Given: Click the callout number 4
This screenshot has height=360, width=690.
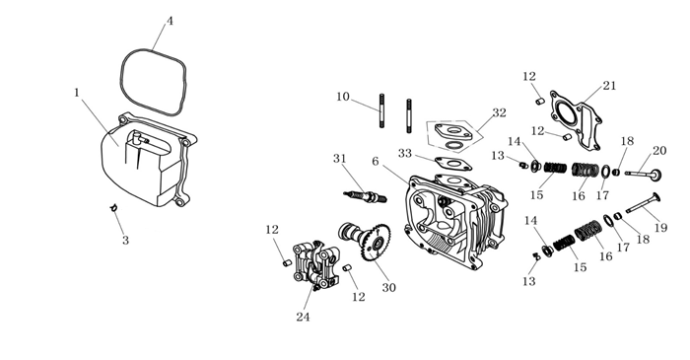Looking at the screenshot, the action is (x=170, y=21).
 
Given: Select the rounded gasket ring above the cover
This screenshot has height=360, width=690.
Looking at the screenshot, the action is (x=122, y=84).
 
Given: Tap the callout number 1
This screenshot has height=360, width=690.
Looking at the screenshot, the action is (x=78, y=93).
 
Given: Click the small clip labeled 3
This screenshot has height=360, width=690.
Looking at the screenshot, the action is (x=113, y=207).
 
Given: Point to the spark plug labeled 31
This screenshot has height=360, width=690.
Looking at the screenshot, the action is (x=365, y=196).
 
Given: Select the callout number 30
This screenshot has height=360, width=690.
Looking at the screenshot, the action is (x=388, y=288).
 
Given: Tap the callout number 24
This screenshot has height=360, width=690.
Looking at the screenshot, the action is (x=303, y=317).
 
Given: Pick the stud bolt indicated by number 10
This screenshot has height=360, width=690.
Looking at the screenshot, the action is (x=382, y=110).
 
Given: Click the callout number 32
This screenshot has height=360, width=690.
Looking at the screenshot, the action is (x=499, y=113).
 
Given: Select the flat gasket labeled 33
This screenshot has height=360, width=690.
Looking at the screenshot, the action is (x=453, y=164).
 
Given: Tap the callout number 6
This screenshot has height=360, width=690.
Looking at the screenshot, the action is (x=375, y=162).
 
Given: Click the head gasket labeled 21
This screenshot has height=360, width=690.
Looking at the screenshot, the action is (x=576, y=119).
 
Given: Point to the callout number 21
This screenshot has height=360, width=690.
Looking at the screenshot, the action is (x=609, y=86).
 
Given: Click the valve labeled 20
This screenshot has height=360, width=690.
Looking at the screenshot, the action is (x=644, y=174).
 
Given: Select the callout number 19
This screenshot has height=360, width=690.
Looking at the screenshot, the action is (x=661, y=228).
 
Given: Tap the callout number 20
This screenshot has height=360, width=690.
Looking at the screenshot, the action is (x=659, y=151).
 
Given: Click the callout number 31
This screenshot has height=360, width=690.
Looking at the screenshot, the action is (x=340, y=159).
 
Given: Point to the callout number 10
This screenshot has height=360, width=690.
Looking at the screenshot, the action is (x=343, y=97).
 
